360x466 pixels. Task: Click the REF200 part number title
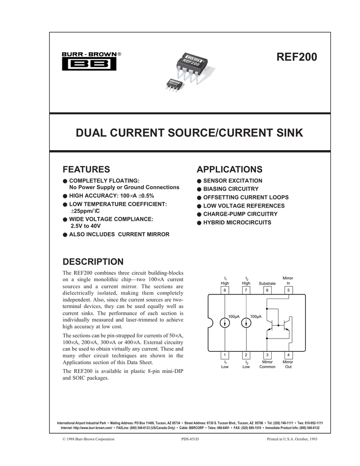tap(296, 58)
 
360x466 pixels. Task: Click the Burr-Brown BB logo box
tap(89, 64)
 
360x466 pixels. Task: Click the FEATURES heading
tap(86, 169)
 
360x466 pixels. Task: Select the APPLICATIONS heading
tap(229, 169)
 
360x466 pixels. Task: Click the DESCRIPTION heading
tap(93, 262)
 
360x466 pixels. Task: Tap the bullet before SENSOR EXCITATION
tap(199, 181)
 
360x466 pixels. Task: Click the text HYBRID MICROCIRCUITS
tap(237, 223)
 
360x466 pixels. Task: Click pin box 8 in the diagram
tap(225, 290)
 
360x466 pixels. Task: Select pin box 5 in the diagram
tap(288, 290)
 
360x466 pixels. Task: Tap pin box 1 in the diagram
tap(225, 355)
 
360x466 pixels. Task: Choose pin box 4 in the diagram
tap(288, 355)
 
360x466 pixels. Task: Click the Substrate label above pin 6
tap(267, 284)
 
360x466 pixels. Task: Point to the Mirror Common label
tap(267, 364)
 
